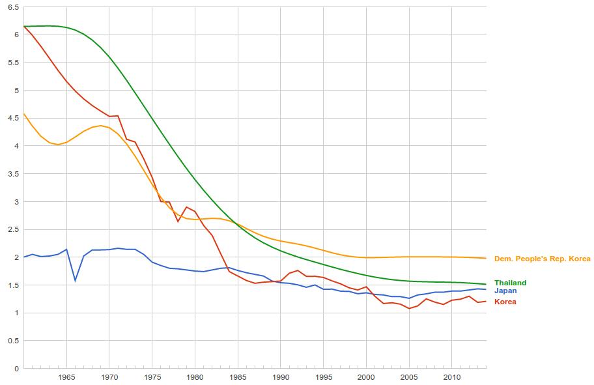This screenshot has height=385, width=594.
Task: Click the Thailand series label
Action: (510, 283)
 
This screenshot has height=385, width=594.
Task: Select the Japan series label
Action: (505, 291)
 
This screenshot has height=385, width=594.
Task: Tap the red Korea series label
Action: (505, 302)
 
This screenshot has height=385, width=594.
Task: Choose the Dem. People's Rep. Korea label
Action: (543, 259)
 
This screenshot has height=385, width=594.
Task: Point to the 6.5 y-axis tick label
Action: (13, 7)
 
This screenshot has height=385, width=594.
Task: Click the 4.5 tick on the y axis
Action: (13, 119)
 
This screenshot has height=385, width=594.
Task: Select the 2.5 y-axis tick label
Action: (13, 230)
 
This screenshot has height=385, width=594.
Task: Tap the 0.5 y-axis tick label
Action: (13, 341)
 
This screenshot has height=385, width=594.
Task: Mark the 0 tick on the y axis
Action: (17, 369)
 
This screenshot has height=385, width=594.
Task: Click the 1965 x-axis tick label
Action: (66, 377)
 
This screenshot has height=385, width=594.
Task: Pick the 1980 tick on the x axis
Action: (195, 377)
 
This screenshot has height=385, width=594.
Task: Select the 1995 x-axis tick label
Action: (323, 377)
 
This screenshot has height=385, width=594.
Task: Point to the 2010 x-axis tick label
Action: (451, 377)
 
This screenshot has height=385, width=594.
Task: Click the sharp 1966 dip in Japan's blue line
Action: (75, 281)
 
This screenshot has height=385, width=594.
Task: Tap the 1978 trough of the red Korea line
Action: (178, 221)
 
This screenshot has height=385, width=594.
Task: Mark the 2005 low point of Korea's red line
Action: (409, 308)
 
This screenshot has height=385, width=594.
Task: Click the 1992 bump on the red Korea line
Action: (298, 270)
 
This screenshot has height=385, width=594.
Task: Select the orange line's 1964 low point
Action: (58, 145)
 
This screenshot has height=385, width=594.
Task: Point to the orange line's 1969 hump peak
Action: (100, 126)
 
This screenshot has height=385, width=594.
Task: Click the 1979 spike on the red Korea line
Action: (186, 207)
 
